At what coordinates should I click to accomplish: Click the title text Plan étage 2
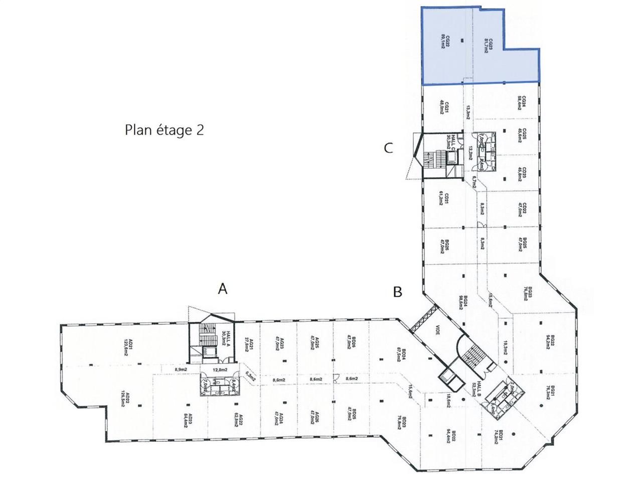164,130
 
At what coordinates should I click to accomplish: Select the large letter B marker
398,292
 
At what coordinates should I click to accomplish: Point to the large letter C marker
388,148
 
